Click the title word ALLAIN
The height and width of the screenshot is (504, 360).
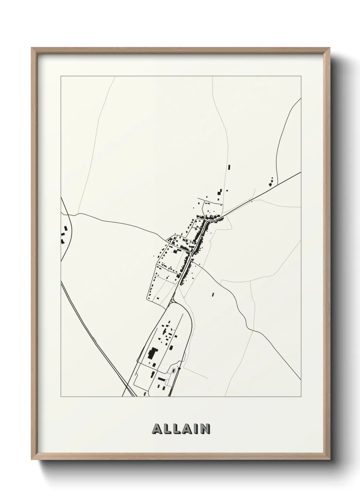(x=181, y=428)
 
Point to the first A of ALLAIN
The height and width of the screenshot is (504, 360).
(x=158, y=428)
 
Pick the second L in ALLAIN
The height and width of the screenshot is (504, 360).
(x=176, y=428)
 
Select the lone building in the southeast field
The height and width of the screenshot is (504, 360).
(x=213, y=294)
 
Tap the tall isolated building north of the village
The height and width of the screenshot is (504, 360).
(x=229, y=167)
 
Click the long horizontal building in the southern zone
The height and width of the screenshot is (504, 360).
(x=161, y=378)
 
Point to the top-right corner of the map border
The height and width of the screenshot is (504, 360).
(x=301, y=77)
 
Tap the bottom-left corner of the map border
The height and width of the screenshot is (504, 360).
(x=61, y=397)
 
